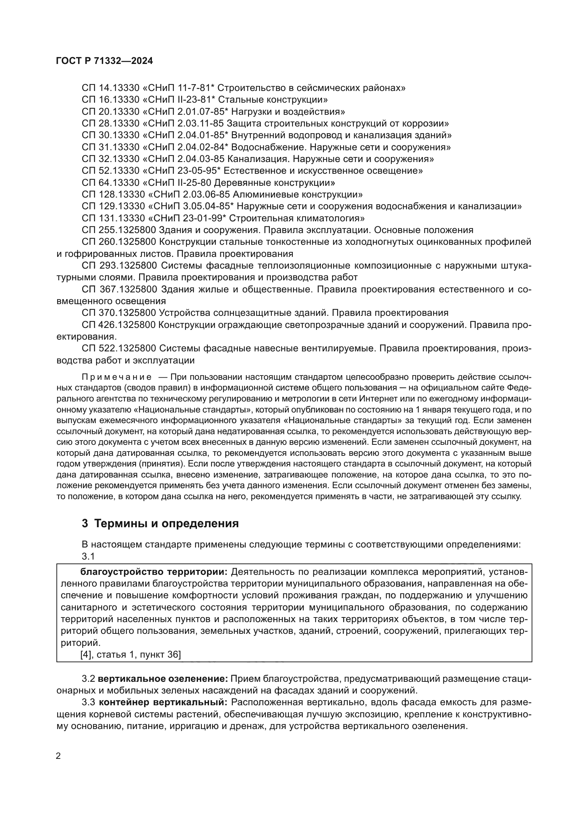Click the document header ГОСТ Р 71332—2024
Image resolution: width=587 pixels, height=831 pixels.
coord(104,61)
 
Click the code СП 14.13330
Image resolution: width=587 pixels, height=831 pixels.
coord(111,88)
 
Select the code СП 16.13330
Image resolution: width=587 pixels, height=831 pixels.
coord(111,99)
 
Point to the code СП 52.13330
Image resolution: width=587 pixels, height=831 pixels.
coord(111,171)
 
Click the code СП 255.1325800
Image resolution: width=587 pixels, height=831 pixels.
coord(119,230)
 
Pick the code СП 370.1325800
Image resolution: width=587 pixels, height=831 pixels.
coord(119,313)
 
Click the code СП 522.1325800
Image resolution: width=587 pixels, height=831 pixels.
coord(119,349)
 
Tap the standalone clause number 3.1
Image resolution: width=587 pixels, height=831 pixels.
coord(88,557)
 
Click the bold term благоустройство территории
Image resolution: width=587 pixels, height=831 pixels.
coord(154,572)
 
